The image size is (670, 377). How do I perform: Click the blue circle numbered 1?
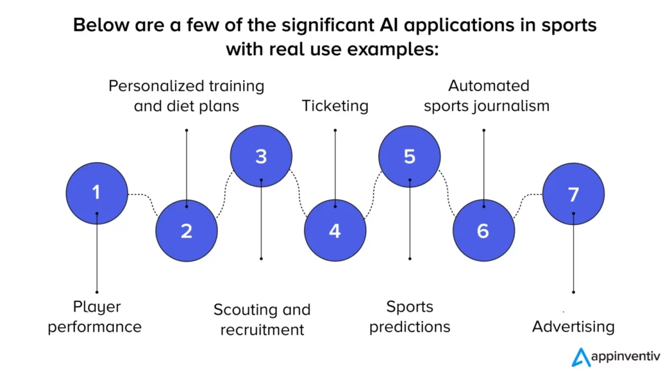[97, 193]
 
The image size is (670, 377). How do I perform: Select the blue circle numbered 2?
[187, 230]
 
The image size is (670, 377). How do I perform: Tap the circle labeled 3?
[261, 156]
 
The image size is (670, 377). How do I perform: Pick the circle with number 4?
[335, 230]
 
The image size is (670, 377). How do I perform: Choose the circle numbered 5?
[410, 156]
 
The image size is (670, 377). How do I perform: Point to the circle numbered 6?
[483, 230]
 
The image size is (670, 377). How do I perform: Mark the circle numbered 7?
[574, 194]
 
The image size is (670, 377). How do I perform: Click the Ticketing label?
[335, 106]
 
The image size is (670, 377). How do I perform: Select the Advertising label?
[574, 327]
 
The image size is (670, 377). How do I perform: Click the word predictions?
[410, 327]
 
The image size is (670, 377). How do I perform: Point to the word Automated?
[489, 86]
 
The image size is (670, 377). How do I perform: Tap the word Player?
[97, 307]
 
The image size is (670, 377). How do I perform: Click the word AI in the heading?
[389, 25]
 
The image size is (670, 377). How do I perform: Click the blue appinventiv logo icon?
[581, 357]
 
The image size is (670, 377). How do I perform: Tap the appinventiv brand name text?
[626, 357]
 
